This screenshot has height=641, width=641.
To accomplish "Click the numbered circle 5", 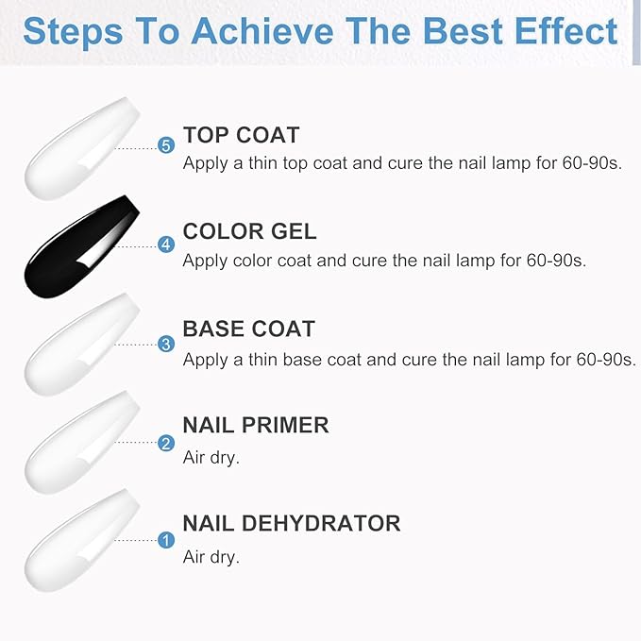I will (x=167, y=146).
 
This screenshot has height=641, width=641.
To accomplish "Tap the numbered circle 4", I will (x=167, y=245).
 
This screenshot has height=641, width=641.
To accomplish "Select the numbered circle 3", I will (x=167, y=344).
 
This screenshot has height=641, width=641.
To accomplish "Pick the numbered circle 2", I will (x=167, y=443).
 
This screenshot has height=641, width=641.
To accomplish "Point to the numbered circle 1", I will (x=167, y=541).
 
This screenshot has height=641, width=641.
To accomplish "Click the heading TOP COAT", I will (x=241, y=135).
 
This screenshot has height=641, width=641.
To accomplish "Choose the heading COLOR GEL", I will (x=249, y=232).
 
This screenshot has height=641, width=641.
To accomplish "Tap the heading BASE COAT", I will (x=248, y=329).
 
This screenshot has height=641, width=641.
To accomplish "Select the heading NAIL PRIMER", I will (x=255, y=425).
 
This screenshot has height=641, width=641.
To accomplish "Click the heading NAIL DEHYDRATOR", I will (x=291, y=523).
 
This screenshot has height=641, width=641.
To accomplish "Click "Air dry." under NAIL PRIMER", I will (x=211, y=458).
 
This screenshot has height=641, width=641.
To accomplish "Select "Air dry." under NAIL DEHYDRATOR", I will (x=211, y=557).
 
